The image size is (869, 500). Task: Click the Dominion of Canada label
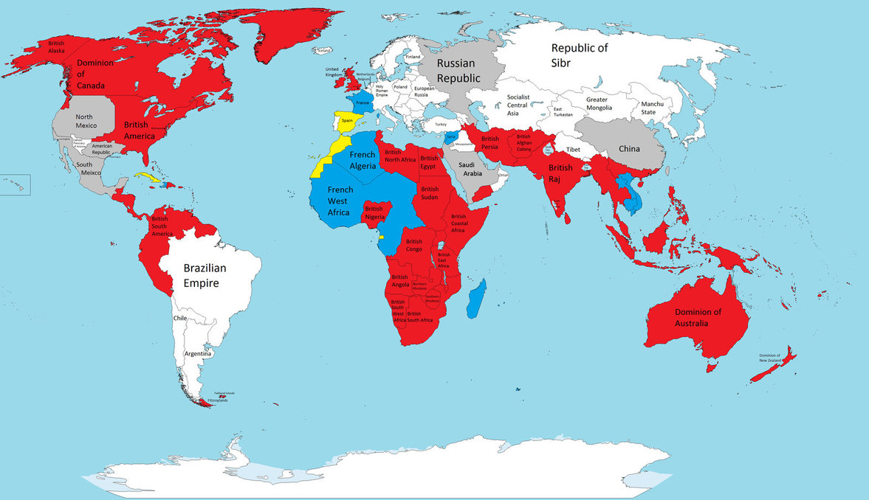96,74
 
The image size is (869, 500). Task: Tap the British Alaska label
57,47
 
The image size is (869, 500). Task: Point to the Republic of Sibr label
580,55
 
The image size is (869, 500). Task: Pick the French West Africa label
341,201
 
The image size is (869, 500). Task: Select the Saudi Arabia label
470,170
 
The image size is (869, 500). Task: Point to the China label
629,149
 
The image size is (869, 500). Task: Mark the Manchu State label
652,108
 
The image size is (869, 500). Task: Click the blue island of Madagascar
476,298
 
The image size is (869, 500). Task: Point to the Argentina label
199,354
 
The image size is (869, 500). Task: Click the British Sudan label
430,193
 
